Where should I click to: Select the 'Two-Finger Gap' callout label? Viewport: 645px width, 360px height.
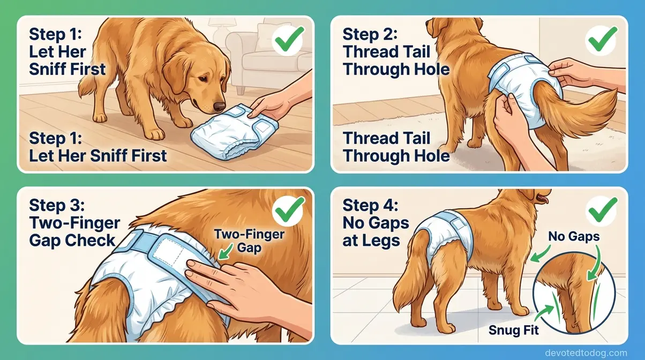(249, 241)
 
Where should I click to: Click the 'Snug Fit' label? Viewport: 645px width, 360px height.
(513, 330)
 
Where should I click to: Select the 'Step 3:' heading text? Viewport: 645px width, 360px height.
(56, 205)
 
